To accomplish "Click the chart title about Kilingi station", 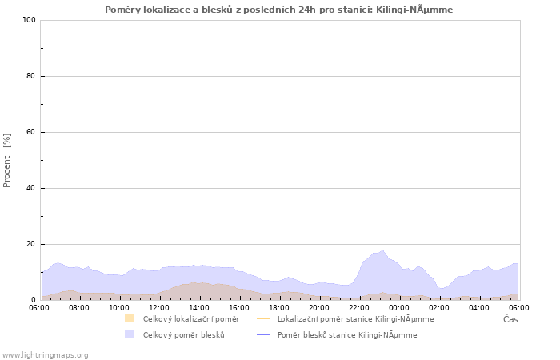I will (x=278, y=10).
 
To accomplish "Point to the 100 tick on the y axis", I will (x=30, y=20).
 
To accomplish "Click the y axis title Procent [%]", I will (x=7, y=160).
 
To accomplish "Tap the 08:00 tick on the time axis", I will (x=79, y=306).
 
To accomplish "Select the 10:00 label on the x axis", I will (x=119, y=306).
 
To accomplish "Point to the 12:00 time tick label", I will (x=159, y=306).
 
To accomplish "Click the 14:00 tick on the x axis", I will (x=199, y=306).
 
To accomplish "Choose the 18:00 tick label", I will (x=279, y=306).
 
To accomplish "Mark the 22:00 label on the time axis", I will (x=359, y=306).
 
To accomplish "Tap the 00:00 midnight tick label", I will (x=399, y=306).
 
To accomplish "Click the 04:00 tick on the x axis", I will (x=479, y=306).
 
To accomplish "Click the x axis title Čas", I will (x=510, y=319).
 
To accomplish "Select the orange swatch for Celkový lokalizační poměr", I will (x=129, y=318).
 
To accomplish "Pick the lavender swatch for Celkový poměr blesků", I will (x=129, y=334).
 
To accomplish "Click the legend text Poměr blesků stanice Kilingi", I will (x=347, y=334).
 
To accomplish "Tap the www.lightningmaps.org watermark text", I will (x=46, y=354).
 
